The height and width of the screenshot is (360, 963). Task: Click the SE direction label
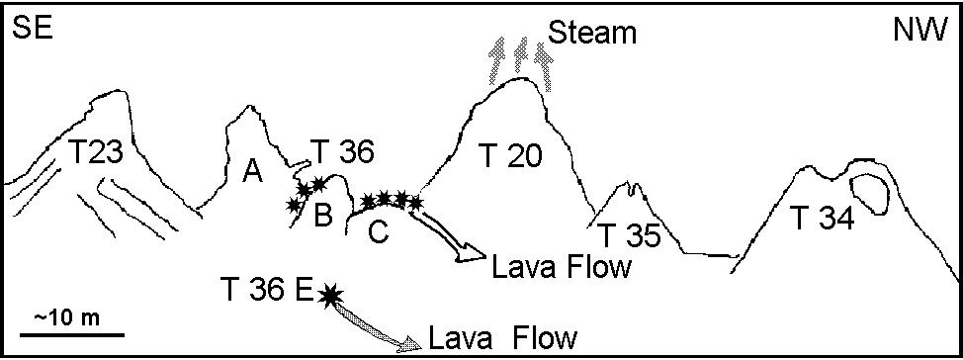[x=32, y=28]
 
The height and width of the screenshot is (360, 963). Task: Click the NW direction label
[x=921, y=28]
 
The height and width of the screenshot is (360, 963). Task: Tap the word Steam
[x=592, y=33]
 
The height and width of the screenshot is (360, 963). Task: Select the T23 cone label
[x=97, y=152]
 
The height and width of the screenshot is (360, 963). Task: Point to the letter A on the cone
[x=252, y=173]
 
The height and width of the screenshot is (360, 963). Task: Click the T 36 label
[x=340, y=151]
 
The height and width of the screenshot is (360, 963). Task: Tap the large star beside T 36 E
[x=331, y=296]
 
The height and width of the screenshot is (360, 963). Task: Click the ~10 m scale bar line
[x=72, y=335]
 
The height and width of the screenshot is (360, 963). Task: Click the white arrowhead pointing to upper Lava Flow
[x=474, y=254]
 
